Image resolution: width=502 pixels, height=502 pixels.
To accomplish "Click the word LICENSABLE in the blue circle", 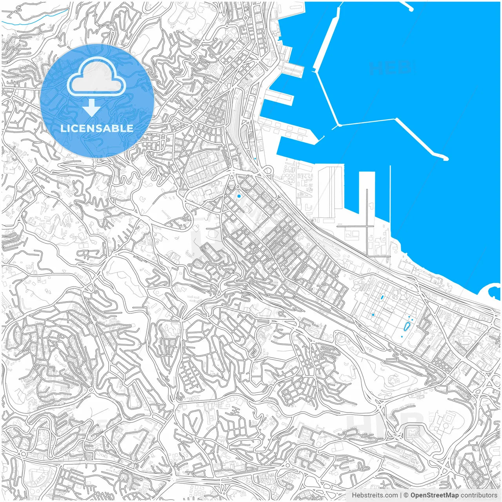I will click(97, 128).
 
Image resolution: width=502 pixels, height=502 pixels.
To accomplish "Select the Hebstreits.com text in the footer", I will click(375, 495).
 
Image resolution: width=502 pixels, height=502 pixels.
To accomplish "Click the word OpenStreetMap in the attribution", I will click(435, 495).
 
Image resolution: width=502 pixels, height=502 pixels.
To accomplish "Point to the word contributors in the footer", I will click(478, 495).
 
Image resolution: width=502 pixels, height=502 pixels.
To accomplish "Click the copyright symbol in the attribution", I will click(406, 495).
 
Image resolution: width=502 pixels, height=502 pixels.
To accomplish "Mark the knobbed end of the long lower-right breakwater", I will click(446, 159).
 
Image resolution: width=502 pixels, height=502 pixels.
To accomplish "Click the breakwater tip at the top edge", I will click(410, 8).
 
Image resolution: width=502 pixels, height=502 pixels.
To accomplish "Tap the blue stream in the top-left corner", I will click(39, 20).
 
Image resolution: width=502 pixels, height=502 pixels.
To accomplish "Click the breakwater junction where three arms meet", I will click(339, 125).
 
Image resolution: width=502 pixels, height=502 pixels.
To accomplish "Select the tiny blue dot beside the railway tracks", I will click(255, 158).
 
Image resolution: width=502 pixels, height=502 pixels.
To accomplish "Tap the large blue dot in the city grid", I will click(239, 196).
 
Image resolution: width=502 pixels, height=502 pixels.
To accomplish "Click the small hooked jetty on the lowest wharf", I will click(320, 138).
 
